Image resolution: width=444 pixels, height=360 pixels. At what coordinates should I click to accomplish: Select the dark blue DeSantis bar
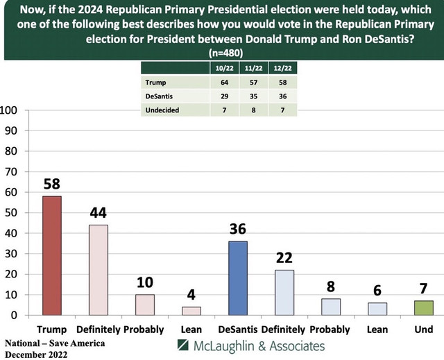pyautogui.click(x=237, y=278)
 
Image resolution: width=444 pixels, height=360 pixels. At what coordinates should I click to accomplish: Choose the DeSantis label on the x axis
pyautogui.click(x=237, y=327)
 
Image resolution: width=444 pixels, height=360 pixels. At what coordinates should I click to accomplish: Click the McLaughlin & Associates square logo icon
pyautogui.click(x=183, y=345)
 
